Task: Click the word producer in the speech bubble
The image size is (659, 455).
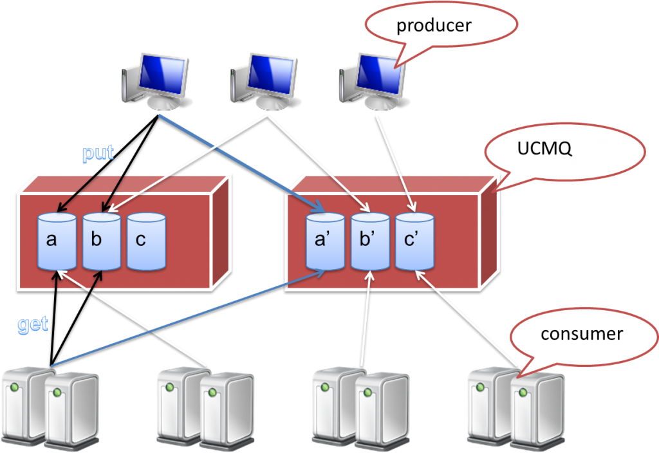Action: point(434,26)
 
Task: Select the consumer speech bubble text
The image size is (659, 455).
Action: point(581,334)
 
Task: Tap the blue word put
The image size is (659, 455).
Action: point(98,154)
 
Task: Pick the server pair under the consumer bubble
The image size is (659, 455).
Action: point(515,407)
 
